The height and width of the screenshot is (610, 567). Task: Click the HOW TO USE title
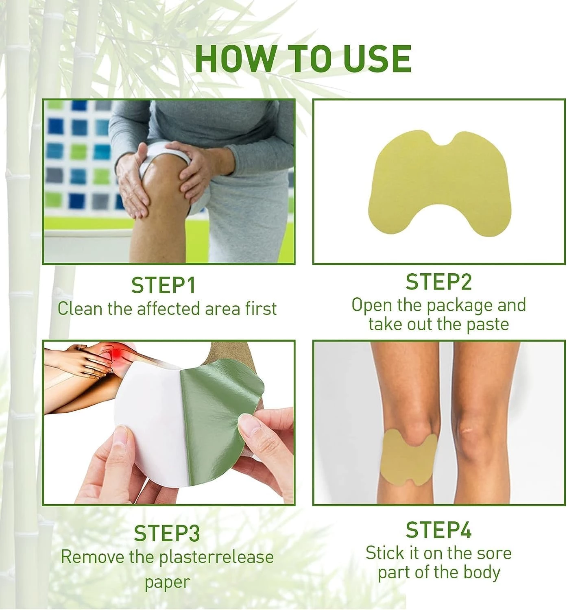tap(303, 59)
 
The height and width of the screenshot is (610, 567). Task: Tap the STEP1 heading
tap(164, 285)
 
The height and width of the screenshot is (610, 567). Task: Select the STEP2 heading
tap(438, 282)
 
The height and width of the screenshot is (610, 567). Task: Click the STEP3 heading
tap(167, 534)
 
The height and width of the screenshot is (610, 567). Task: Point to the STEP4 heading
tap(438, 530)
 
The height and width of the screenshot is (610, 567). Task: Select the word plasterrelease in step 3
tap(216, 557)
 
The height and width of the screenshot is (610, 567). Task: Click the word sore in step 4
tap(494, 553)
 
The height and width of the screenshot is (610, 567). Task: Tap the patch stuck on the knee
tap(410, 459)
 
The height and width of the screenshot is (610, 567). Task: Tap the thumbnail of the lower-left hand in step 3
tap(122, 441)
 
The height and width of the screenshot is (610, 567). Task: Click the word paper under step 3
tap(167, 582)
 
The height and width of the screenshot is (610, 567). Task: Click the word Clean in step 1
tap(80, 309)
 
